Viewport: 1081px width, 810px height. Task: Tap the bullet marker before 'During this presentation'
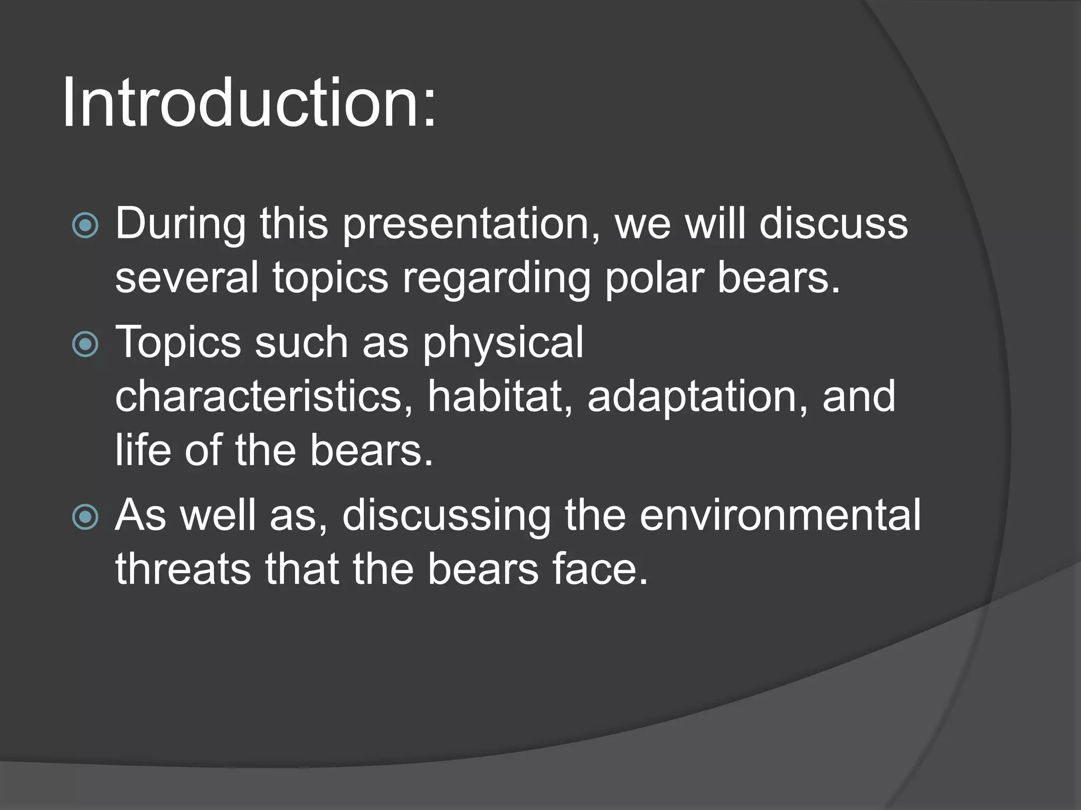[85, 226]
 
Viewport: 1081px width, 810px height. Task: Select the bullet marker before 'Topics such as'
[85, 344]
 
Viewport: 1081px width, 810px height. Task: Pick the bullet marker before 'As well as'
[85, 517]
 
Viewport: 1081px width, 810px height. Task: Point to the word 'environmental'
[780, 516]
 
